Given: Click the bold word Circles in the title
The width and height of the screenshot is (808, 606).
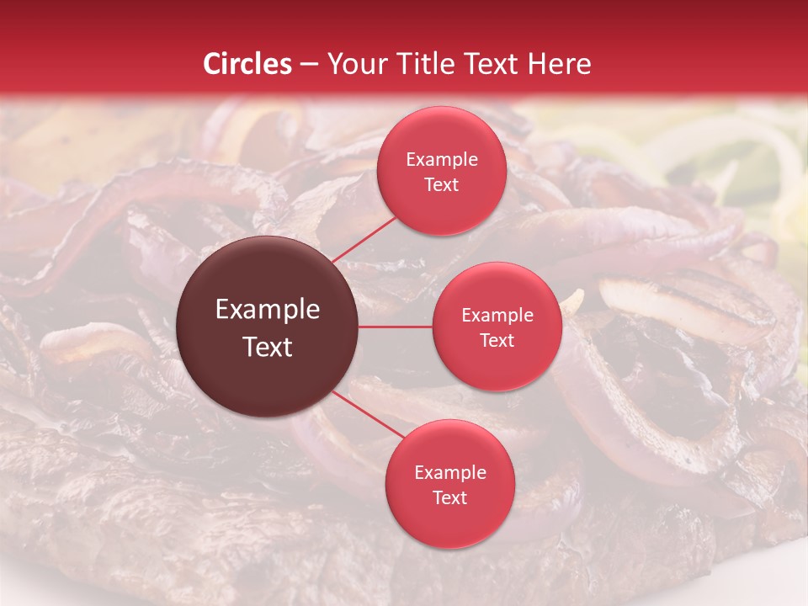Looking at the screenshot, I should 247,64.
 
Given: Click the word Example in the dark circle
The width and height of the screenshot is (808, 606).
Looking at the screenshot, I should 268,310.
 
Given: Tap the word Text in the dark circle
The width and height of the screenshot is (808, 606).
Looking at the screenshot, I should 268,347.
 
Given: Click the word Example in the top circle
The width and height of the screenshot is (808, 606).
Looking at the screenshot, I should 442,160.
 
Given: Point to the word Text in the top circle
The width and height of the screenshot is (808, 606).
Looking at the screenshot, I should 442,184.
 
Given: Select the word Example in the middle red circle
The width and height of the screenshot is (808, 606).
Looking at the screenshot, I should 497,316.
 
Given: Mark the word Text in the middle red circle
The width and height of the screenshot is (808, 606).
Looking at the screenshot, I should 497,340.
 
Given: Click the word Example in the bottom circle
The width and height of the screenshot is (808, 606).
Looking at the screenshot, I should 450,472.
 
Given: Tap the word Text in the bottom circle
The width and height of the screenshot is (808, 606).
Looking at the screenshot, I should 450,497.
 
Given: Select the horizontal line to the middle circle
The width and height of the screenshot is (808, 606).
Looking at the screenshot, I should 396,327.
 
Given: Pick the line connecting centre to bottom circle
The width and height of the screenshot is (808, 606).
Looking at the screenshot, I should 369,415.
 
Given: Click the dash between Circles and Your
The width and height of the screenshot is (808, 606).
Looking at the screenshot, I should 309,65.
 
